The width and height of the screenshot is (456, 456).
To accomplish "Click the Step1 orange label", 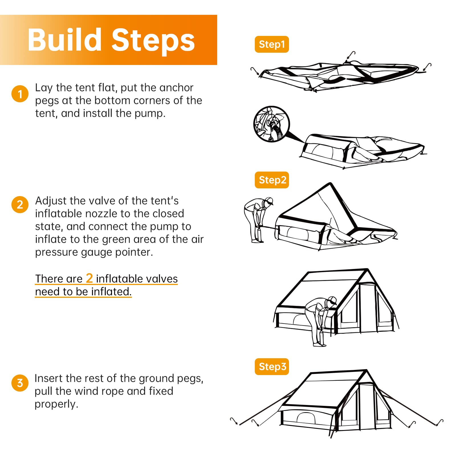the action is [x=272, y=44].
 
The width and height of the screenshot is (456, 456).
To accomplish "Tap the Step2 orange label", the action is [x=272, y=180].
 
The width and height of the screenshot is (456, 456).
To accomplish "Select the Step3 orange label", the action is [x=272, y=367].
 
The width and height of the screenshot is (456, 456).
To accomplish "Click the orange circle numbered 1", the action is [x=20, y=94].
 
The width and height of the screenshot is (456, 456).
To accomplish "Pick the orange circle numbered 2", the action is [x=20, y=204].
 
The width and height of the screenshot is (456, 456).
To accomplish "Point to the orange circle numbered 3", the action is [x=20, y=383].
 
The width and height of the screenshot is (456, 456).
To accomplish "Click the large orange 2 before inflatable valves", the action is [x=89, y=278].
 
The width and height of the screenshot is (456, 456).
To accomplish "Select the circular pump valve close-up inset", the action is [x=271, y=124].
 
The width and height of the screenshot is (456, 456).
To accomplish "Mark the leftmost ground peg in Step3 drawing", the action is [x=234, y=421].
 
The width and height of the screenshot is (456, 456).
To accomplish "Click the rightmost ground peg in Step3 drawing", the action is [x=440, y=422].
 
